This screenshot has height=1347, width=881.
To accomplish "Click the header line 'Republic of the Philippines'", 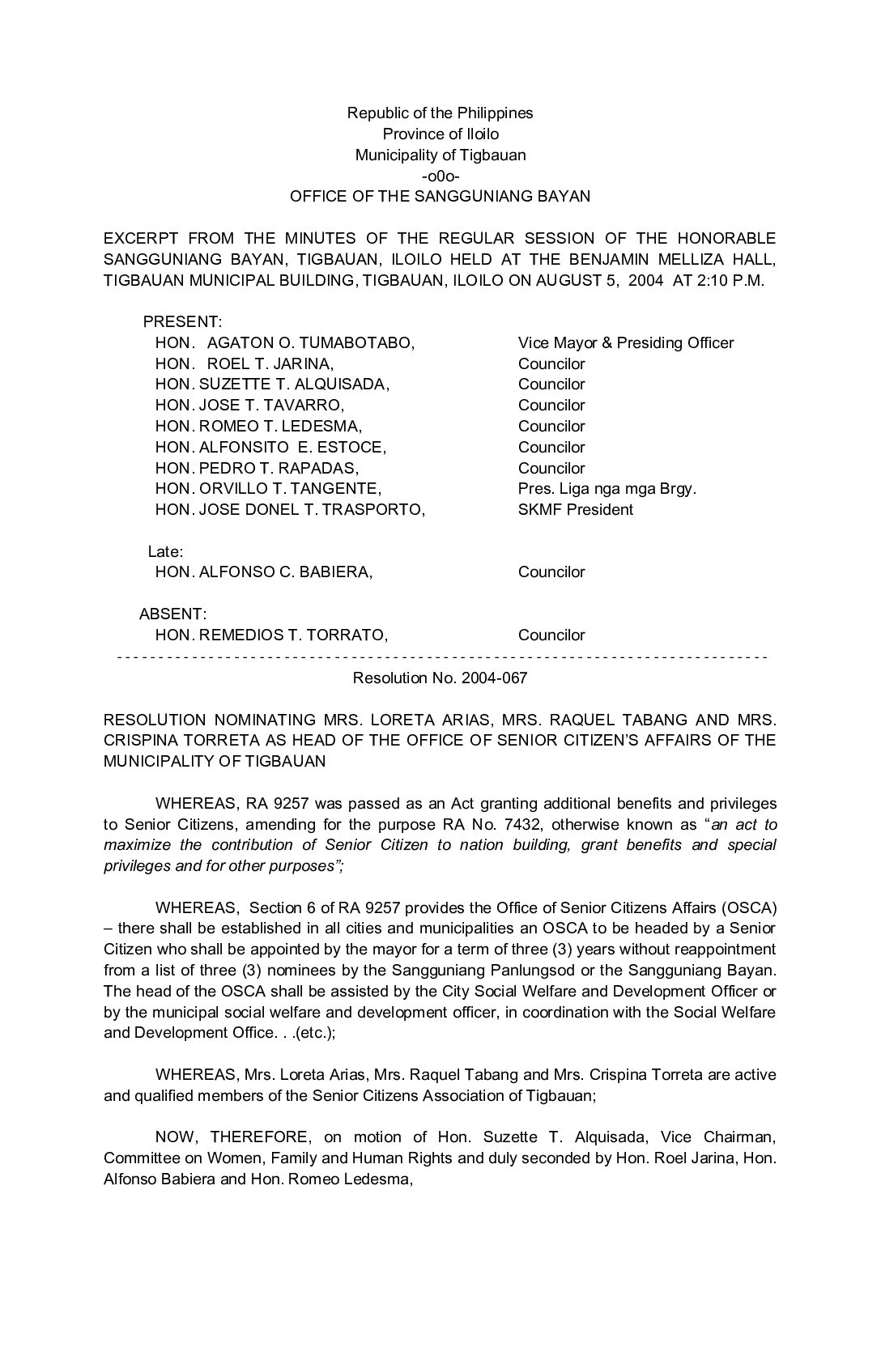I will (440, 113).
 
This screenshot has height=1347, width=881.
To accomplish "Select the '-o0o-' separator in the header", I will (440, 175).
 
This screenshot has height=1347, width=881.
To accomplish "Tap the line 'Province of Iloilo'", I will (440, 134).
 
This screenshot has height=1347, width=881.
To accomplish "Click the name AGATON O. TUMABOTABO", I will (310, 342).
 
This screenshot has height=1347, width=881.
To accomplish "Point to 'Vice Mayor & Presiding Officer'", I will (625, 342).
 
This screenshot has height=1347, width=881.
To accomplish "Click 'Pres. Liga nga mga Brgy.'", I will (607, 488).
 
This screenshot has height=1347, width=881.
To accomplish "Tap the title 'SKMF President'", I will (575, 509).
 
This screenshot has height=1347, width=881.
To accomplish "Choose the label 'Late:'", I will (165, 551).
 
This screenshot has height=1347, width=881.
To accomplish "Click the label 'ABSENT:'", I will (172, 614).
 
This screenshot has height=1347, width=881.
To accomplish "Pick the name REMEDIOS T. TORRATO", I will (293, 635).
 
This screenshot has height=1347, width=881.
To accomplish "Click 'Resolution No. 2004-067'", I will (440, 678).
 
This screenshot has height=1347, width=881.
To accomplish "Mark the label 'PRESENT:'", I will (182, 322).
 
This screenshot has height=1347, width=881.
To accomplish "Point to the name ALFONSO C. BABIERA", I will (285, 572).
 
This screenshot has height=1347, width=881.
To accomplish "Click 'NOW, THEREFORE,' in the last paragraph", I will (214, 1137).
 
